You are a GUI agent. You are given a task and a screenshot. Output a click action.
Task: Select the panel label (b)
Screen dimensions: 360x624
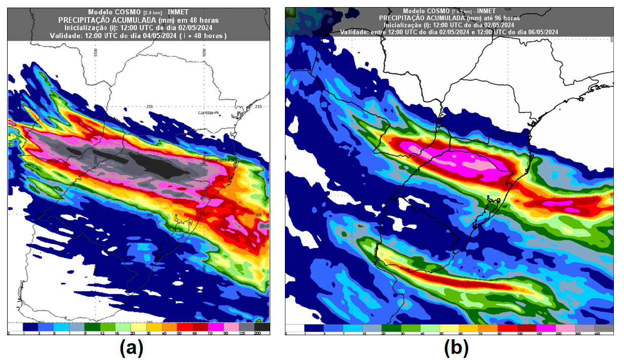tap(456, 348)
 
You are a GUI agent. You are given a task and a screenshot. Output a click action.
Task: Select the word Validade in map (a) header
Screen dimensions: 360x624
tap(65, 36)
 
